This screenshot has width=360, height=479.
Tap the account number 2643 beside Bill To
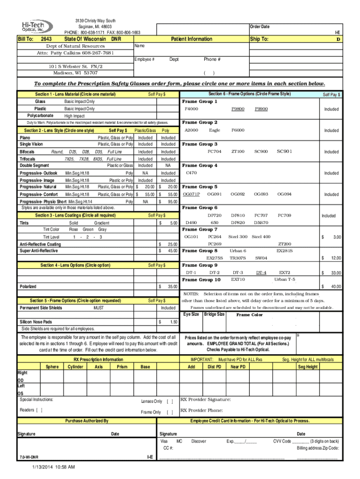[46, 39]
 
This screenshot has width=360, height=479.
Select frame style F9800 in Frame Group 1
[238, 109]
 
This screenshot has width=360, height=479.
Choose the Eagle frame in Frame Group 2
[215, 130]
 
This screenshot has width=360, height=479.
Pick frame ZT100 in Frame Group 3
[238, 152]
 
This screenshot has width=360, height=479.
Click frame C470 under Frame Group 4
[191, 173]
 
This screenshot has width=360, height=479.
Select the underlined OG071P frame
[191, 194]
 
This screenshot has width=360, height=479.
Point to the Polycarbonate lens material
[40, 116]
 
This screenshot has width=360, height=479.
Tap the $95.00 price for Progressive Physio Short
[171, 202]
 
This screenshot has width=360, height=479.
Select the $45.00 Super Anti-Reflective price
[171, 251]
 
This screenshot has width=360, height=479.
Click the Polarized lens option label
[28, 286]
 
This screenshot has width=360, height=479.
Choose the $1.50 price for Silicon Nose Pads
[171, 322]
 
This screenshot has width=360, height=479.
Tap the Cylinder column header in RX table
[75, 367]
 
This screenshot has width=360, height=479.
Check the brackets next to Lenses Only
[170, 401]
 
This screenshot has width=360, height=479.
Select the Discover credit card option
[199, 441]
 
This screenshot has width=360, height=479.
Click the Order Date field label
[259, 27]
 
